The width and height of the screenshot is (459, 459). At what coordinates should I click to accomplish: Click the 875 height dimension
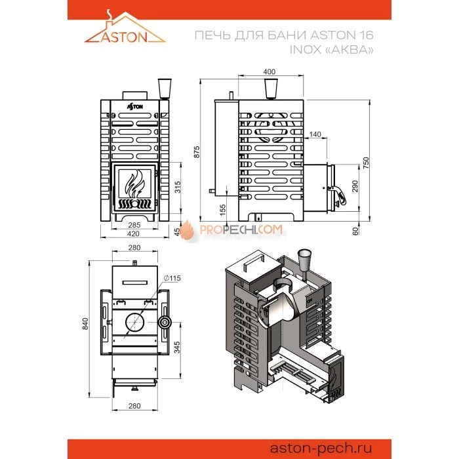click(197, 152)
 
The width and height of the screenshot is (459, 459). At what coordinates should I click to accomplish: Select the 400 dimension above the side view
click(269, 71)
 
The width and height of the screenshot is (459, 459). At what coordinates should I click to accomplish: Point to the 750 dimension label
click(366, 163)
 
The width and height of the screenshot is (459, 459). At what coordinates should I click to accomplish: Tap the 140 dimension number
click(315, 134)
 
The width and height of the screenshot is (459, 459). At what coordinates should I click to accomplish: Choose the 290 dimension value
click(355, 186)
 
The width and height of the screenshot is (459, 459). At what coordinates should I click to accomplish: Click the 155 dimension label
click(222, 210)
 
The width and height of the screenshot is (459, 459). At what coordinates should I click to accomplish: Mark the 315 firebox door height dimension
click(178, 188)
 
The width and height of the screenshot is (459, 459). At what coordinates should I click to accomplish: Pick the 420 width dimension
click(133, 233)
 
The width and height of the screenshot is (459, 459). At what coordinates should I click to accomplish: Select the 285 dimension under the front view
click(134, 225)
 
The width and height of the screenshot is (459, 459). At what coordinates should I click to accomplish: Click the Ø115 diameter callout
click(172, 278)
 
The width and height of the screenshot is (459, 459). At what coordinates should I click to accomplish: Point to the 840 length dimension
click(85, 324)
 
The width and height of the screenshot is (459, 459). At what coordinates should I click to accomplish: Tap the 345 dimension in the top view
click(177, 347)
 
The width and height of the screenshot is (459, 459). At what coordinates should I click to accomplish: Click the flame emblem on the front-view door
click(135, 183)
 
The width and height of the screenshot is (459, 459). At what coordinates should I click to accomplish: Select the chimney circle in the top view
click(135, 323)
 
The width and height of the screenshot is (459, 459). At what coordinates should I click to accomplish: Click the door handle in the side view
click(339, 195)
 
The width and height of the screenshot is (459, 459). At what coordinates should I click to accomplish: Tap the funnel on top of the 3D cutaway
click(304, 262)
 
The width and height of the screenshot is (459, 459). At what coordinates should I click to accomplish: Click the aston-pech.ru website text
click(321, 448)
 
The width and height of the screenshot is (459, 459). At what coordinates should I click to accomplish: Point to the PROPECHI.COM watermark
click(231, 229)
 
